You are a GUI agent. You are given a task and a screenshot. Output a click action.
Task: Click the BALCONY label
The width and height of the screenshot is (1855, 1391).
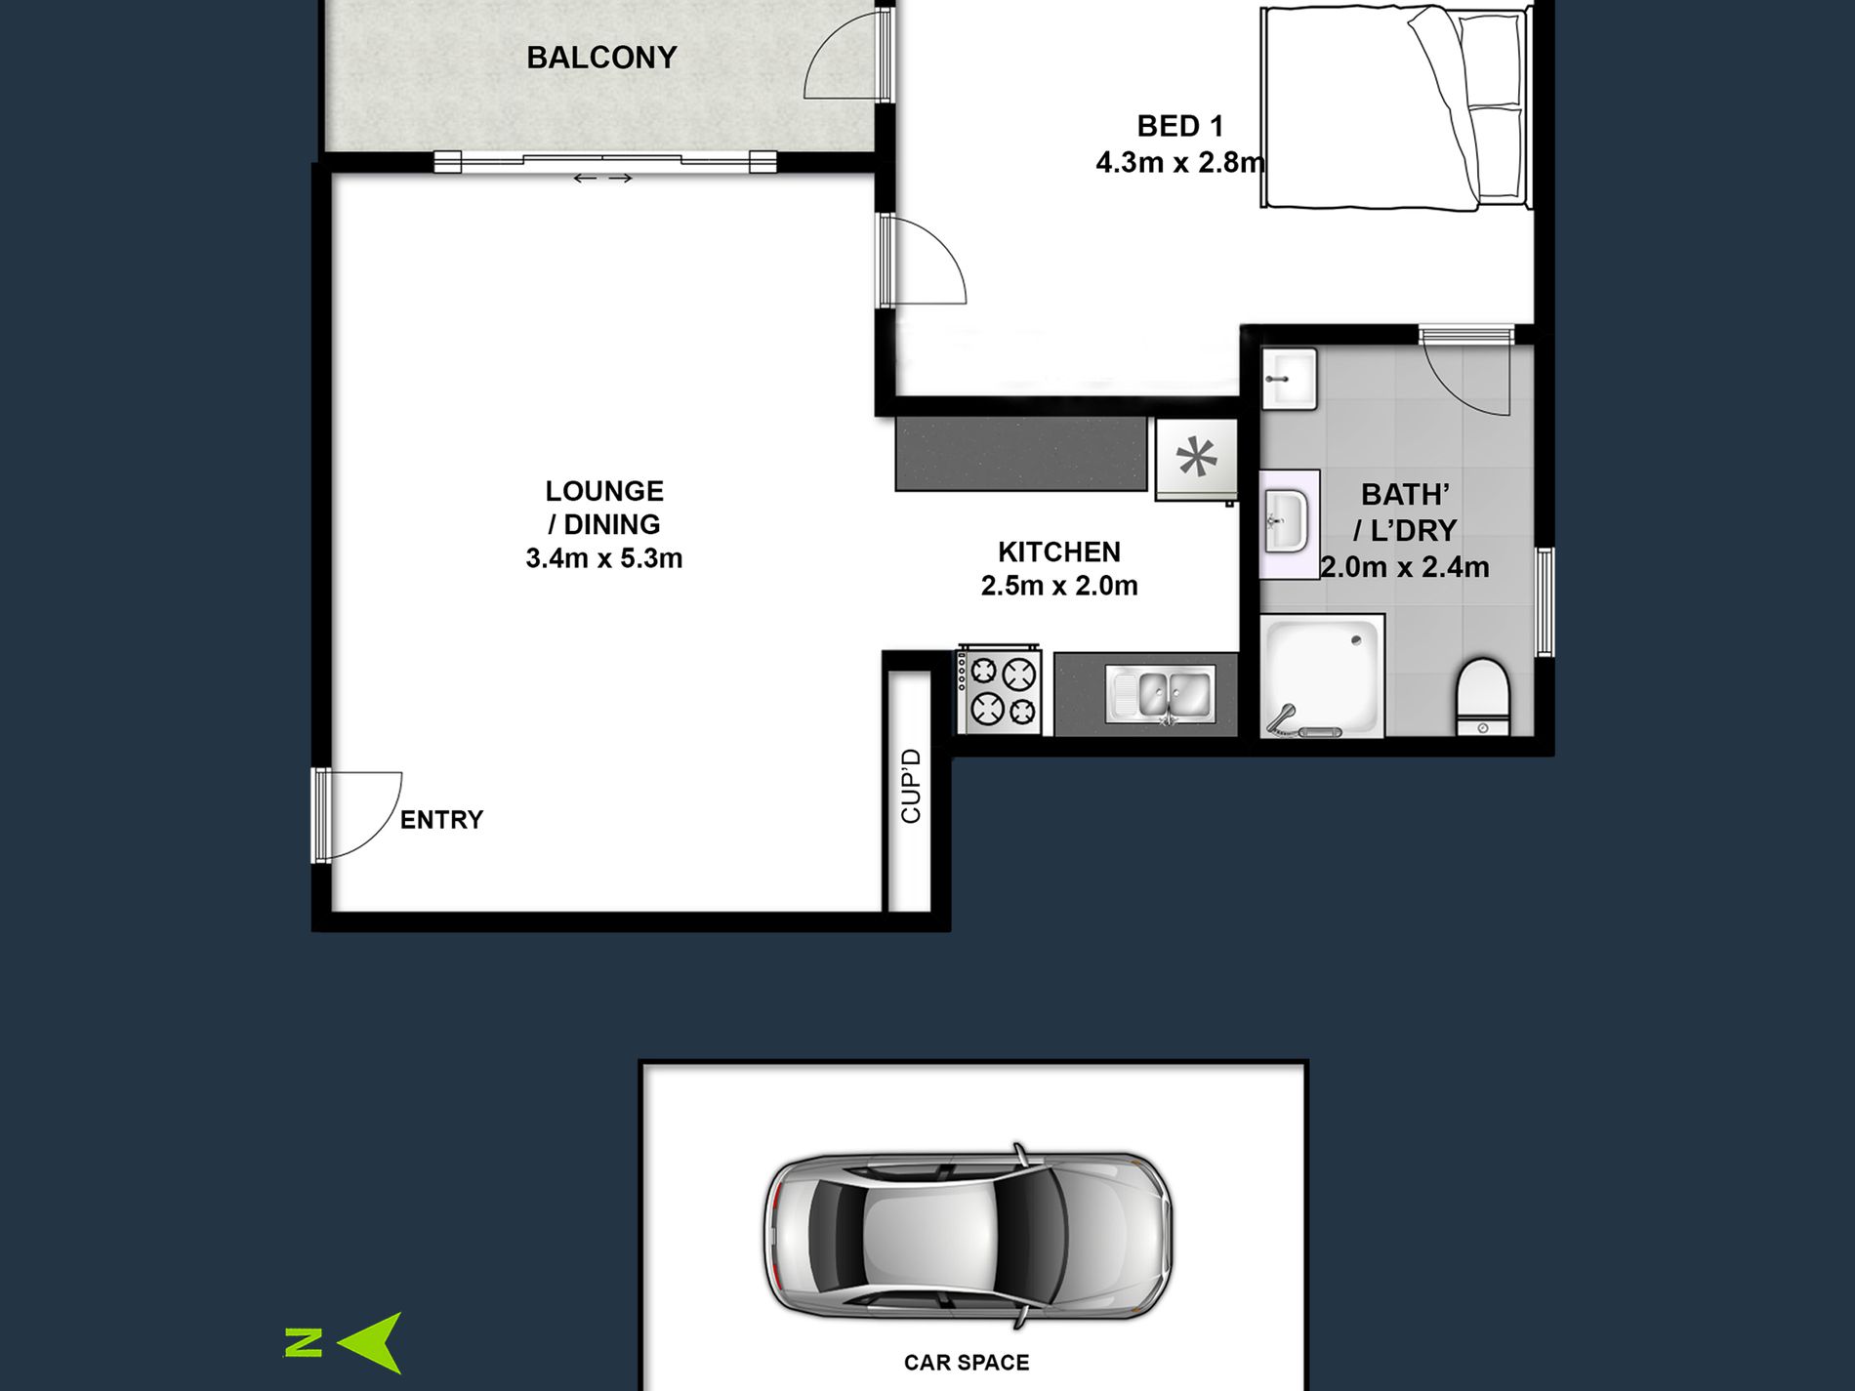point(601,58)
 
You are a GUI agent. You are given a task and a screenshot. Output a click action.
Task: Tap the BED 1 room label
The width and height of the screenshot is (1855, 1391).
point(1179,126)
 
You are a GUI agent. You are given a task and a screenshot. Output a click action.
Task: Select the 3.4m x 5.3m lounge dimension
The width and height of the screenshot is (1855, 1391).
point(604,558)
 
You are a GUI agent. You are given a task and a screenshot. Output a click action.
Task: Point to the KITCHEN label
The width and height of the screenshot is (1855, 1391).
point(1059,552)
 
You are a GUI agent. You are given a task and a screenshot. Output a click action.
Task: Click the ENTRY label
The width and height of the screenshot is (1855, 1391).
point(441,820)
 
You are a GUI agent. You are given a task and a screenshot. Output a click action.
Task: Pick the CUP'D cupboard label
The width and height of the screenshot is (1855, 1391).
point(911,786)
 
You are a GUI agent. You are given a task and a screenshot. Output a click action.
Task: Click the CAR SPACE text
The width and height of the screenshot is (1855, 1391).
point(967,1363)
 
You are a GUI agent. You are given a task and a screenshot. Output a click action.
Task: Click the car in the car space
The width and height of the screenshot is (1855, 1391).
point(968,1235)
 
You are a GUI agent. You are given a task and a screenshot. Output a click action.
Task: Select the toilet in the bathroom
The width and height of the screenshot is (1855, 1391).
point(1483,696)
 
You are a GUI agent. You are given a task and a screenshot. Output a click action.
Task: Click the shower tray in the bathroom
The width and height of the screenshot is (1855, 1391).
point(1322,675)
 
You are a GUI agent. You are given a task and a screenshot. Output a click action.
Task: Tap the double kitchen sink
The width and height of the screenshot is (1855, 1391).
point(1161,694)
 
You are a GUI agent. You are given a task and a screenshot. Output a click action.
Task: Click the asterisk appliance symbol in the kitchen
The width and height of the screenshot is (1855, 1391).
point(1197,458)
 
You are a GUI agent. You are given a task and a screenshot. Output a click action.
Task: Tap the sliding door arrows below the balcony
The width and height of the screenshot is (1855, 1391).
point(602,178)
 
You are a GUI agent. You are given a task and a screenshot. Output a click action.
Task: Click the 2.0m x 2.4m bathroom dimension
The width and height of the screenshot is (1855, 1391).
point(1405,567)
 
